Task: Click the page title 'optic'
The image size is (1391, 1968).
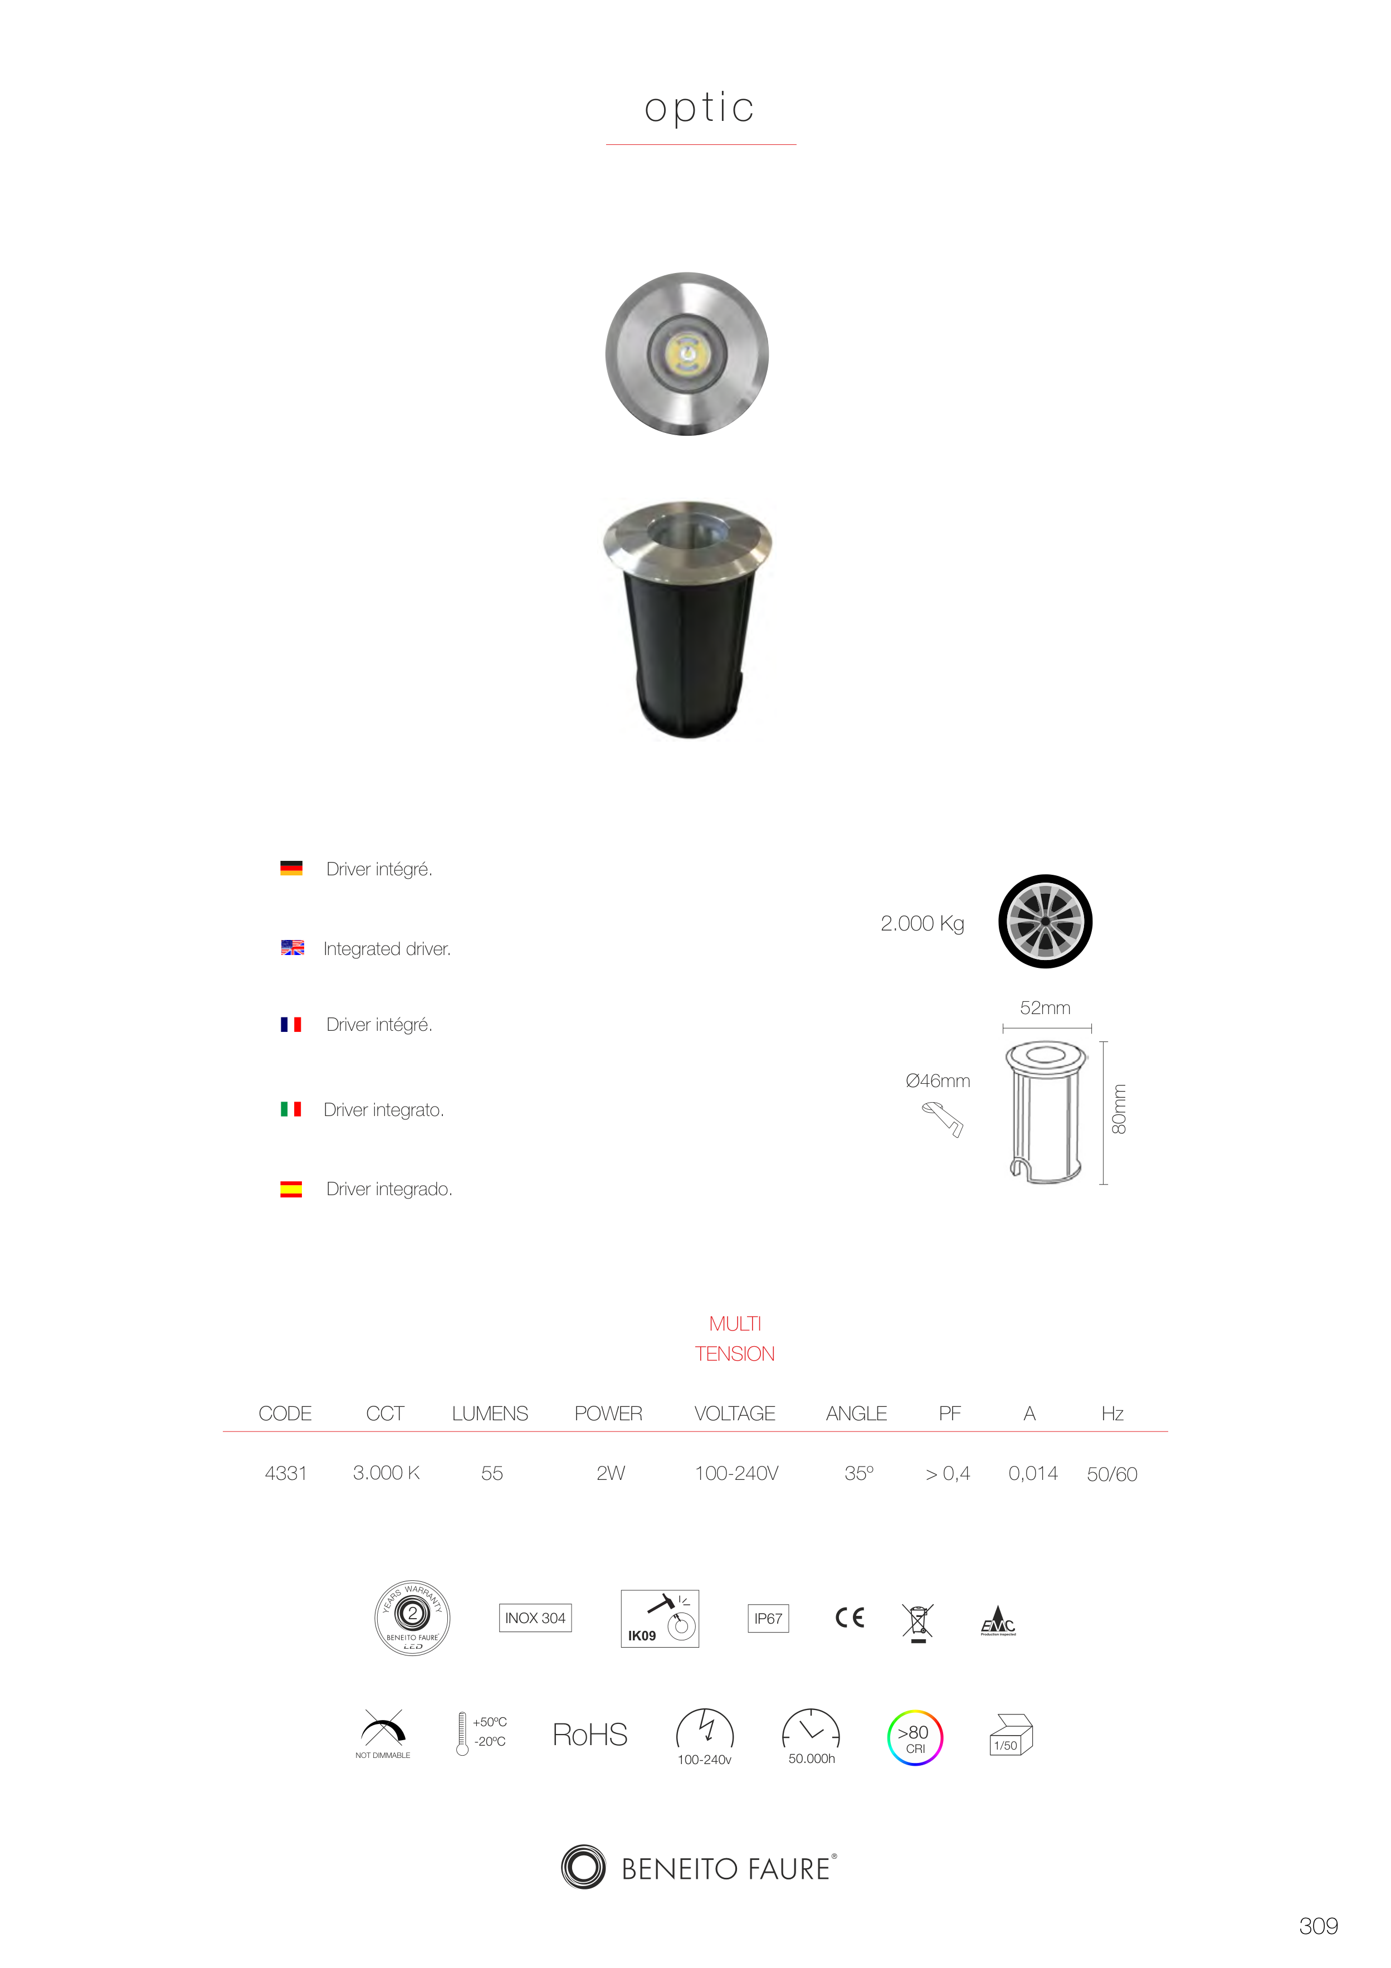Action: (699, 108)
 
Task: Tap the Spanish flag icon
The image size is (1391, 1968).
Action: (291, 1189)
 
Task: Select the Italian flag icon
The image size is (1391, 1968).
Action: (291, 1109)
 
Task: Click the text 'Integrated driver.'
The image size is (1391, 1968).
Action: (387, 949)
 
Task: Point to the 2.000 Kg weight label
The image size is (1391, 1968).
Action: (922, 923)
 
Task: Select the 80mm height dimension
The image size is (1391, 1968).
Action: (1119, 1109)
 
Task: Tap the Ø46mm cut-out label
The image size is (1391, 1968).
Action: (938, 1081)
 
